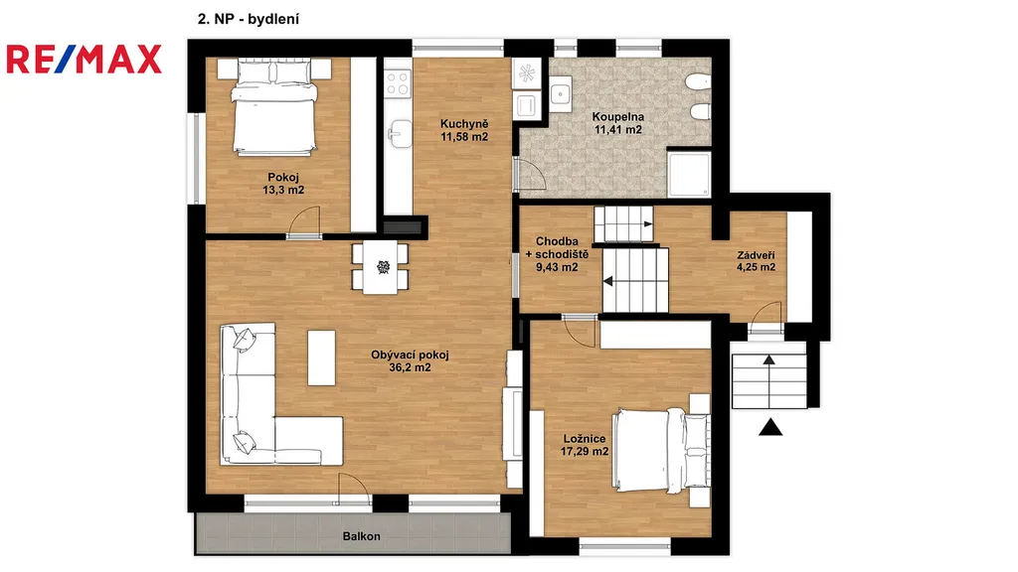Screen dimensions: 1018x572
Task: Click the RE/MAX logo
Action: pos(84,59)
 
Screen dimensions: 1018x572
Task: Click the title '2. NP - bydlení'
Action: pos(248,19)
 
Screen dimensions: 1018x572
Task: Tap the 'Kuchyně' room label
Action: pos(464,124)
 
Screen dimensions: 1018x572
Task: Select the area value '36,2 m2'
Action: pos(410,367)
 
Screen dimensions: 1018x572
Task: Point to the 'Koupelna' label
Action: pos(618,117)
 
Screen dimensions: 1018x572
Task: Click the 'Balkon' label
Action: pos(362,536)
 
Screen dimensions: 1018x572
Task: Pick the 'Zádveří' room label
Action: pos(756,255)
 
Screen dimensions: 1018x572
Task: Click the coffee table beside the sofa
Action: pos(321,357)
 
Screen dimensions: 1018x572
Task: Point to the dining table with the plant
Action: pos(381,266)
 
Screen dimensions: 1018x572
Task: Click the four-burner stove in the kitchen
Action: pos(398,83)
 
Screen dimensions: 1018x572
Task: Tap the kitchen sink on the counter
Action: pos(400,133)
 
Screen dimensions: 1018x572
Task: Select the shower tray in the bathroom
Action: pos(690,174)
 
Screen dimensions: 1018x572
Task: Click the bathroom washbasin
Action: pos(561,94)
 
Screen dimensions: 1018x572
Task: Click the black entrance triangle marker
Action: pos(770,427)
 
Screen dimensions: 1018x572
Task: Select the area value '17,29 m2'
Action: pos(585,451)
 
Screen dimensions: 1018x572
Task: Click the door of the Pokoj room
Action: pos(304,223)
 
